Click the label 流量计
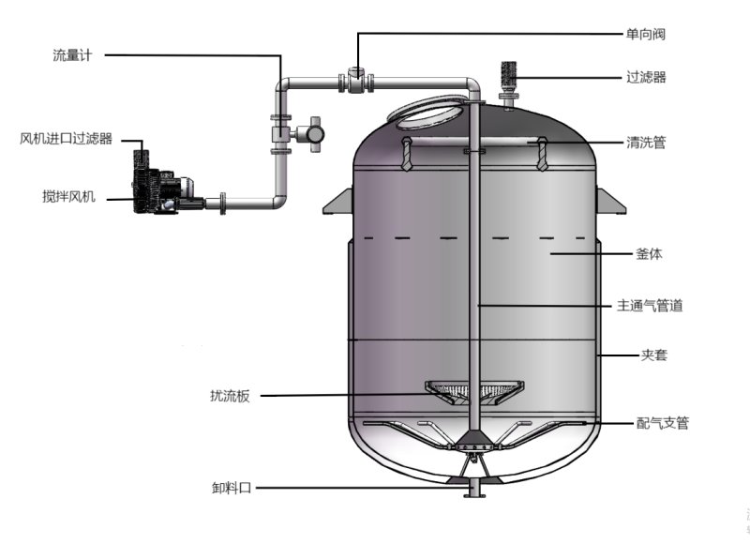(x=72, y=55)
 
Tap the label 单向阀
(x=646, y=34)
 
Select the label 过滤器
(x=646, y=77)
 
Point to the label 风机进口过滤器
(x=66, y=139)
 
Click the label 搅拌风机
(x=68, y=197)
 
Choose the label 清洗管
(x=646, y=143)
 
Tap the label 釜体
(x=649, y=253)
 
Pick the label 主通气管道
(x=650, y=305)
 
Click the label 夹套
(x=653, y=355)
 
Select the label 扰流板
(x=230, y=396)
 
